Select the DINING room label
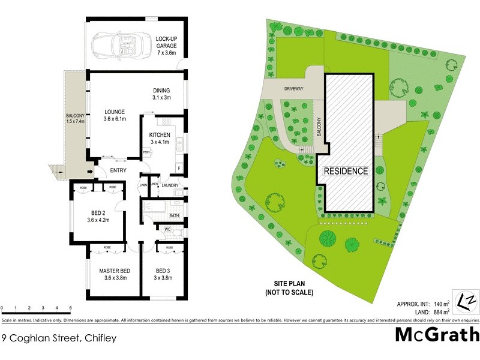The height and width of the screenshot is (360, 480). tap(161, 94)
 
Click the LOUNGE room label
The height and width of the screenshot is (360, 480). tap(114, 115)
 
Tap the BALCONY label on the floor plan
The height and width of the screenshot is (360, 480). tap(76, 118)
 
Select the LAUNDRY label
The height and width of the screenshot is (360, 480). tap(169, 185)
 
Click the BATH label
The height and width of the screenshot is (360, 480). tap(175, 215)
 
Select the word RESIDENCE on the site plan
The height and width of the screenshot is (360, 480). tap(346, 171)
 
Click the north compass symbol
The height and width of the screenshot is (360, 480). tap(467, 298)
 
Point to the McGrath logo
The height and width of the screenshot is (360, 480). tap(437, 334)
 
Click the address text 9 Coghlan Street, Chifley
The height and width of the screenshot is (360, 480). tap(59, 338)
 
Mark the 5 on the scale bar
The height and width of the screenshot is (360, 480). tap(71, 308)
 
